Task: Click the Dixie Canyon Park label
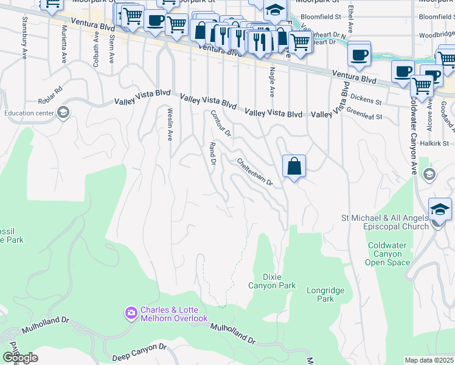(x=272, y=280)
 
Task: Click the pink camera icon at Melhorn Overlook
(x=131, y=313)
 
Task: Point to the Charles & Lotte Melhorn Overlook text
(x=174, y=314)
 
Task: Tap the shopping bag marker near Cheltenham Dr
(x=294, y=166)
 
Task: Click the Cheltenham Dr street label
(x=255, y=172)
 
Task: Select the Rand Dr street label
(x=213, y=154)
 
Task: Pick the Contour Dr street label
(x=221, y=123)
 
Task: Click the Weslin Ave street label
(x=170, y=124)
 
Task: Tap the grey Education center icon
(x=63, y=113)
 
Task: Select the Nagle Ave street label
(x=272, y=82)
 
